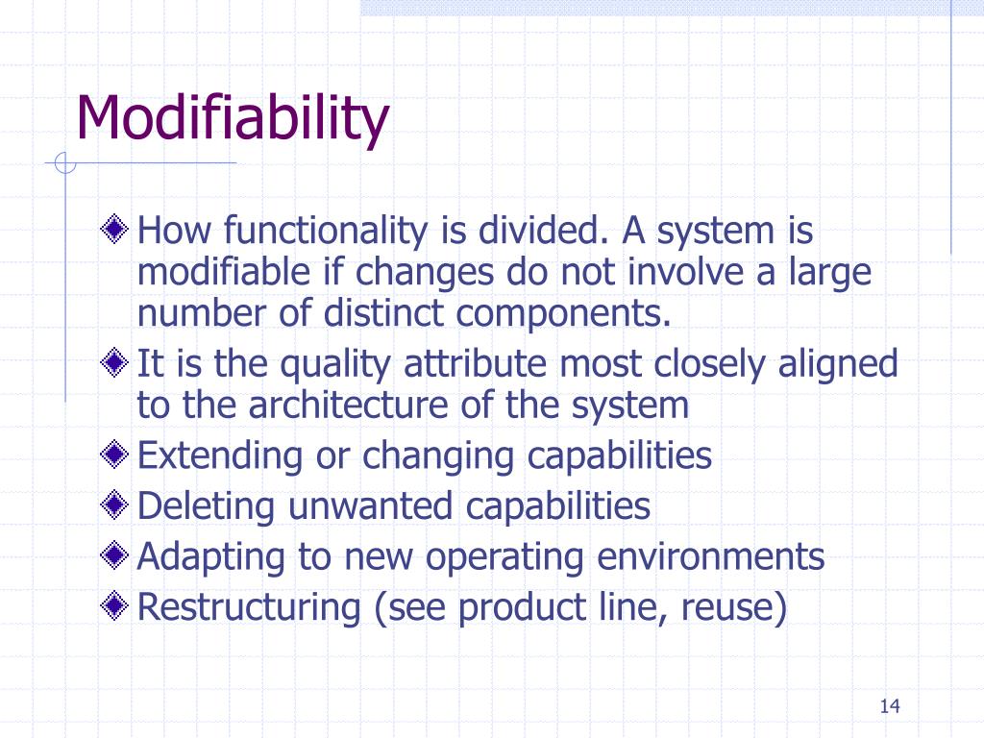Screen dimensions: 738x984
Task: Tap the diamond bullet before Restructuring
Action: coord(115,606)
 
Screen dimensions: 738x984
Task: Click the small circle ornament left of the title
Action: coord(64,164)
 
